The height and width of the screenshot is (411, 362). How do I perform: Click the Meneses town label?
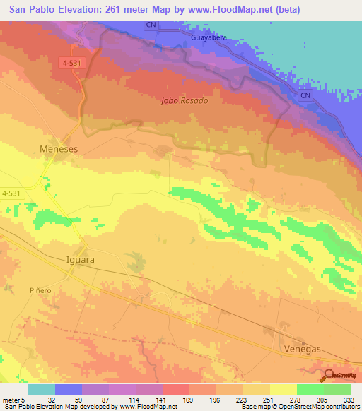click(x=57, y=149)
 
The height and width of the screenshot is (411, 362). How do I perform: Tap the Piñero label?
click(x=40, y=290)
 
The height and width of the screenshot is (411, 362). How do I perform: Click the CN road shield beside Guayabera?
click(x=151, y=25)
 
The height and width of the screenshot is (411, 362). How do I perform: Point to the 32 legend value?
click(x=52, y=399)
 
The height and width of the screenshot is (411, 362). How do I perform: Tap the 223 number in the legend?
click(x=232, y=399)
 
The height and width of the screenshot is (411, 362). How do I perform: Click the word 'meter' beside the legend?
click(x=10, y=399)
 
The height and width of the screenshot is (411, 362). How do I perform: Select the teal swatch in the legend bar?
click(x=42, y=389)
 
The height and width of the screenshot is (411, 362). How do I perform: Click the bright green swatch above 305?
click(x=310, y=389)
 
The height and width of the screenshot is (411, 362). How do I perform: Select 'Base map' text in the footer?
click(x=254, y=407)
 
